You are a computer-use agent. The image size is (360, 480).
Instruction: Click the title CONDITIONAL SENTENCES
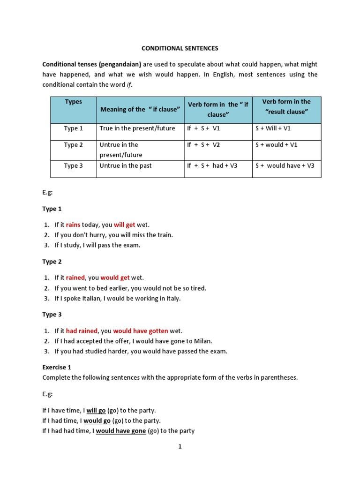pyautogui.click(x=180, y=48)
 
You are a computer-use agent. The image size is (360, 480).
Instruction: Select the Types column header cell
pyautogui.click(x=73, y=102)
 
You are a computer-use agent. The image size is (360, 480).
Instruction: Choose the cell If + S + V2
pyautogui.click(x=203, y=145)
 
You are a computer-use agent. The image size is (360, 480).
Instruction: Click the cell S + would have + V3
pyautogui.click(x=285, y=165)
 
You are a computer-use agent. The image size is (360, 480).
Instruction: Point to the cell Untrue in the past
pyautogui.click(x=126, y=165)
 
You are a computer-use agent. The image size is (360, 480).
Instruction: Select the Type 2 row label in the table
pyautogui.click(x=73, y=145)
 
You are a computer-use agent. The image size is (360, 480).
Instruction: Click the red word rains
pyautogui.click(x=73, y=225)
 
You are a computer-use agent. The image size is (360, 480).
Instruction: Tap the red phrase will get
pyautogui.click(x=124, y=225)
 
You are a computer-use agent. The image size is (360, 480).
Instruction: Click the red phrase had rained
pyautogui.click(x=81, y=331)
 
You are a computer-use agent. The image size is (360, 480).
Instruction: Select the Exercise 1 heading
pyautogui.click(x=57, y=367)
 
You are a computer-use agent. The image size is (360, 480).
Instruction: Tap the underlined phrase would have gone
pyautogui.click(x=121, y=431)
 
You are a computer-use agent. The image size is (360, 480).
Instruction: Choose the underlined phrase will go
pyautogui.click(x=96, y=410)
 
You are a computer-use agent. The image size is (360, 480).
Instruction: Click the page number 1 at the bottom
pyautogui.click(x=180, y=447)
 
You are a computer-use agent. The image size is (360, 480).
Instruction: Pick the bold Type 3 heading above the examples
pyautogui.click(x=52, y=315)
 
